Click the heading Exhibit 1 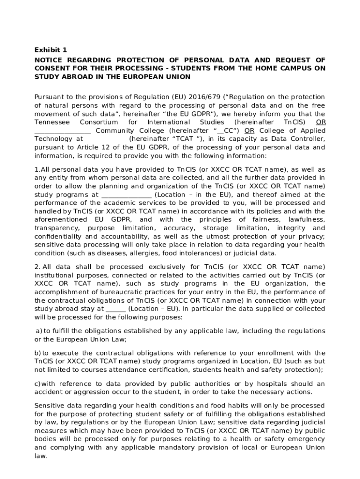click(x=51, y=50)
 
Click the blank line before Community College click(x=63, y=131)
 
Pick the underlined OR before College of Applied click(x=250, y=131)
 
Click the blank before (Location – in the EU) click(x=126, y=195)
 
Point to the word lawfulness click(x=307, y=219)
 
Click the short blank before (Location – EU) click(x=115, y=309)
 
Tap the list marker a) click(x=39, y=331)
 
